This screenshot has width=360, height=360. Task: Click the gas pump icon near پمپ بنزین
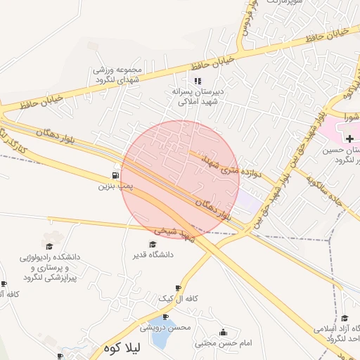[x=115, y=175]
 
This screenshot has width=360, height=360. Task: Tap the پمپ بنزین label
[x=115, y=187]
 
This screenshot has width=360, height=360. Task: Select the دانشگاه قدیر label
[x=153, y=255]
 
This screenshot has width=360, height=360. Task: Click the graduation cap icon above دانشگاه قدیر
[x=153, y=244]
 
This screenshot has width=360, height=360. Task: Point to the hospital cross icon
[x=349, y=139]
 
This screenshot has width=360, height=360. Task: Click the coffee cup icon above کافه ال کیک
[x=178, y=288]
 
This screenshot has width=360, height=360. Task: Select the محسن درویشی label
[x=165, y=327]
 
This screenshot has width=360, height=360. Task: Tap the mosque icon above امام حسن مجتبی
[x=224, y=332]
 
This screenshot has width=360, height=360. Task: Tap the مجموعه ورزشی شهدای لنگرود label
[x=120, y=75]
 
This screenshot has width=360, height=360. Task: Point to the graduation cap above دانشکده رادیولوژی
[x=49, y=245]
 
